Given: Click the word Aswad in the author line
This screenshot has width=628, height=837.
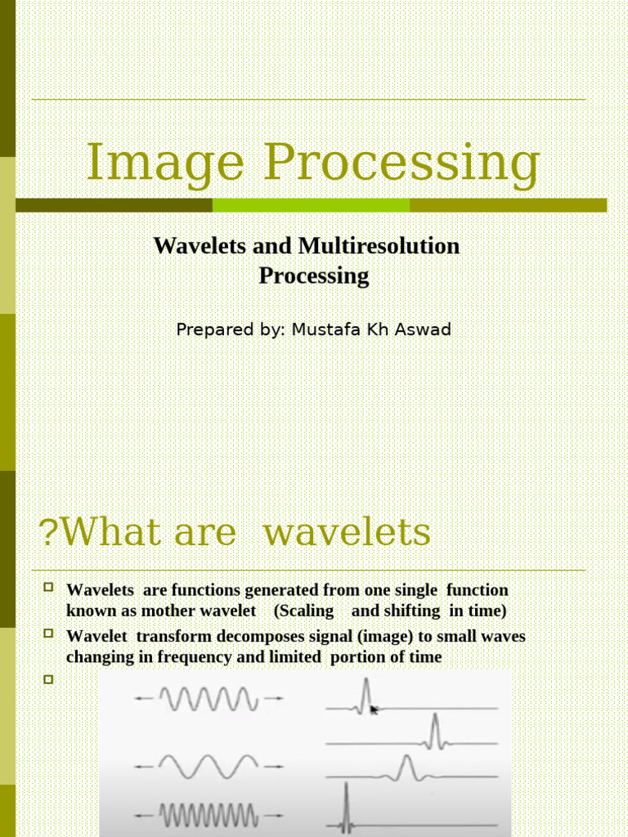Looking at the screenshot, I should click(423, 329).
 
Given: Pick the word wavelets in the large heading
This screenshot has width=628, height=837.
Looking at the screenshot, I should click(348, 533).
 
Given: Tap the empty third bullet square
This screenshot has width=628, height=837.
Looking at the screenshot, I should click(47, 678).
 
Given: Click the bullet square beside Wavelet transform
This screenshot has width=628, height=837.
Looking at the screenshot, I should click(47, 633).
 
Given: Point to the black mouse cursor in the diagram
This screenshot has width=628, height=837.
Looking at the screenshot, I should click(375, 709).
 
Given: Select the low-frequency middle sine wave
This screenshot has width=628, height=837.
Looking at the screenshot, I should click(209, 766).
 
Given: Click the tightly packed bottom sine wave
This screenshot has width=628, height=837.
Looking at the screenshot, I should click(209, 815).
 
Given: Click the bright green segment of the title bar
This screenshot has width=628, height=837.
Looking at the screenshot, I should click(311, 205).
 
